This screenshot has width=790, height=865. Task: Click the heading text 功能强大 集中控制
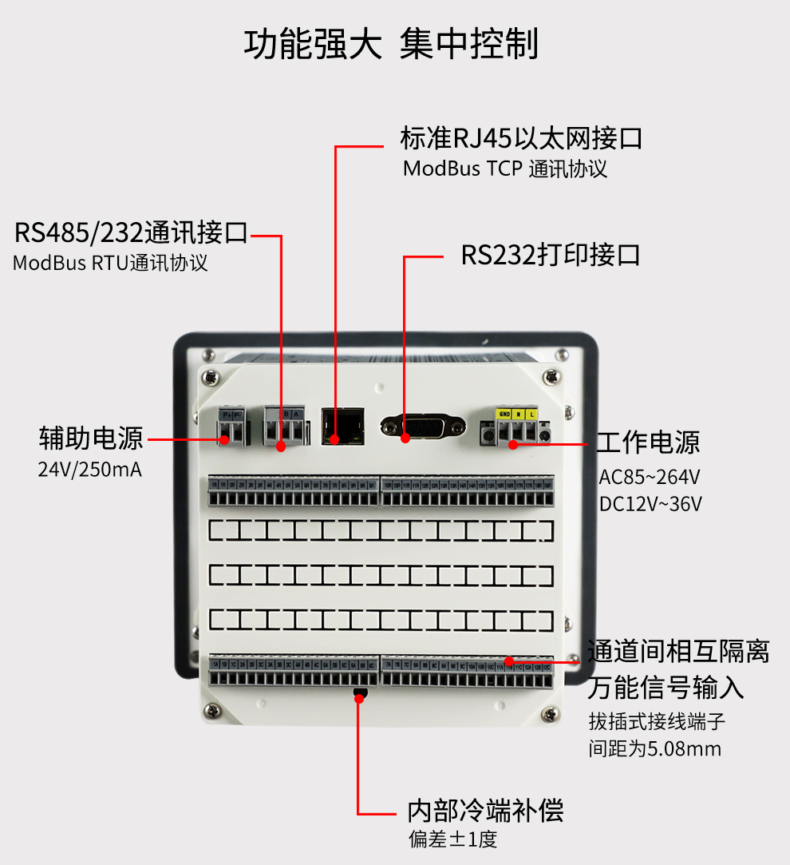pyautogui.click(x=390, y=43)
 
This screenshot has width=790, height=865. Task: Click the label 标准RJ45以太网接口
pyautogui.click(x=521, y=138)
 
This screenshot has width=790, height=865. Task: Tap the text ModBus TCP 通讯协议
pyautogui.click(x=504, y=169)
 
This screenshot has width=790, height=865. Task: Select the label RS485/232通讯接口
pyautogui.click(x=132, y=233)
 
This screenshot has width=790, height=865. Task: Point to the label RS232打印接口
pyautogui.click(x=551, y=256)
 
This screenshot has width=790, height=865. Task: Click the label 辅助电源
pyautogui.click(x=90, y=438)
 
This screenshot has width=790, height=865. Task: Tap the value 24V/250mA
pyautogui.click(x=89, y=470)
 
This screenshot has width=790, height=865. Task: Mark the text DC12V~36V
pyautogui.click(x=650, y=504)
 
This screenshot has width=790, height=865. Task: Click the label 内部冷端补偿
pyautogui.click(x=485, y=811)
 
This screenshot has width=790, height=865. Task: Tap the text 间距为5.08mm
pyautogui.click(x=654, y=748)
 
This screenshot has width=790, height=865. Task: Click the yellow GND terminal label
pyautogui.click(x=504, y=415)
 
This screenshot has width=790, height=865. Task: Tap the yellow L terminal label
pyautogui.click(x=532, y=415)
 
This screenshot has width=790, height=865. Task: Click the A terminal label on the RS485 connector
pyautogui.click(x=296, y=414)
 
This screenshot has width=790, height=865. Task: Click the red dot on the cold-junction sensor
pyautogui.click(x=359, y=698)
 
